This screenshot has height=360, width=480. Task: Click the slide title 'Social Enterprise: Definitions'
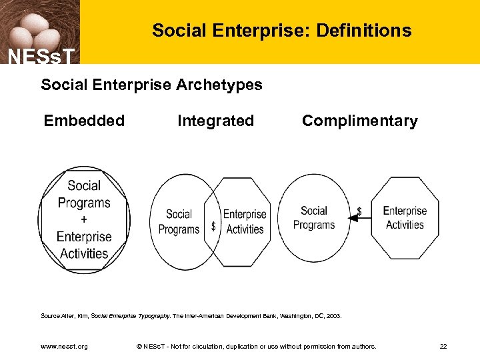tap(281, 31)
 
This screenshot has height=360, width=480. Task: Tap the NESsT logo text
tap(40, 56)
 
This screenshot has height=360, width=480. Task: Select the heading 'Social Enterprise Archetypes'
tap(151, 85)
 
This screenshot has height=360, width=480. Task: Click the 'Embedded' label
tap(84, 121)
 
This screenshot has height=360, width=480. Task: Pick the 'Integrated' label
tap(215, 121)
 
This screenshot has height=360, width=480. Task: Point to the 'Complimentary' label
tap(359, 121)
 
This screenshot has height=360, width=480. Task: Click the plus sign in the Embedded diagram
tap(83, 219)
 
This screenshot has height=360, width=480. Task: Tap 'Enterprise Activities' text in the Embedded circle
tap(84, 245)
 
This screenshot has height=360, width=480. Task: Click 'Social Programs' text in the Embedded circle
tap(84, 194)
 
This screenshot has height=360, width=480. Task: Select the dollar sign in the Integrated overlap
tap(213, 227)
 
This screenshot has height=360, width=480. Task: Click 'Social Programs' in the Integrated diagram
tap(179, 221)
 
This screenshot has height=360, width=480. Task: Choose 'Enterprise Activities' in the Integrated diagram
tap(245, 221)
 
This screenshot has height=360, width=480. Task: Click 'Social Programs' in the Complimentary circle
tap(313, 217)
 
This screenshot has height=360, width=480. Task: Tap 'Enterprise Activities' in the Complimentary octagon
tap(405, 217)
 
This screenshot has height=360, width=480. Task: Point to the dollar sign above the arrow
tap(359, 210)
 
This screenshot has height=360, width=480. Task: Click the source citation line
tap(191, 316)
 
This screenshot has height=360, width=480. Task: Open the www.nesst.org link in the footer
tap(64, 347)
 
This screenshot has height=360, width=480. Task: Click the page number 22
tap(443, 347)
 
